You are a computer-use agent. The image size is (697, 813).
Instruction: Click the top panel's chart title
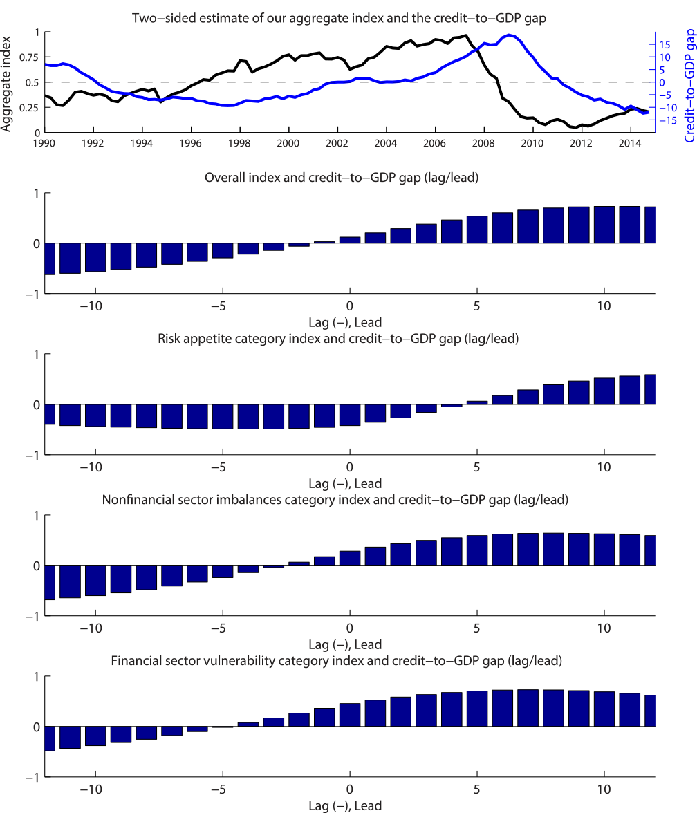click(x=339, y=18)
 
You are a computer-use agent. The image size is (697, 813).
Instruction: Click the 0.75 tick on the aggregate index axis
click(x=29, y=57)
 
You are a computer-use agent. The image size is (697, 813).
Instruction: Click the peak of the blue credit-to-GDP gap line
click(x=510, y=35)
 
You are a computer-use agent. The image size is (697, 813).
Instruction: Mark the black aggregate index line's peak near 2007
click(x=465, y=35)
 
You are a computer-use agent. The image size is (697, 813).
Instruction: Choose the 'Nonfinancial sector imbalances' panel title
click(x=335, y=500)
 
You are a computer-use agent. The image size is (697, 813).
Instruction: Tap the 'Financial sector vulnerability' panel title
click(x=336, y=661)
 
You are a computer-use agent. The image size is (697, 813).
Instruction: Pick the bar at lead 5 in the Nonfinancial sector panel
click(x=477, y=550)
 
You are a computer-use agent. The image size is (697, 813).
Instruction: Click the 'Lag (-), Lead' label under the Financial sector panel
click(x=344, y=805)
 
